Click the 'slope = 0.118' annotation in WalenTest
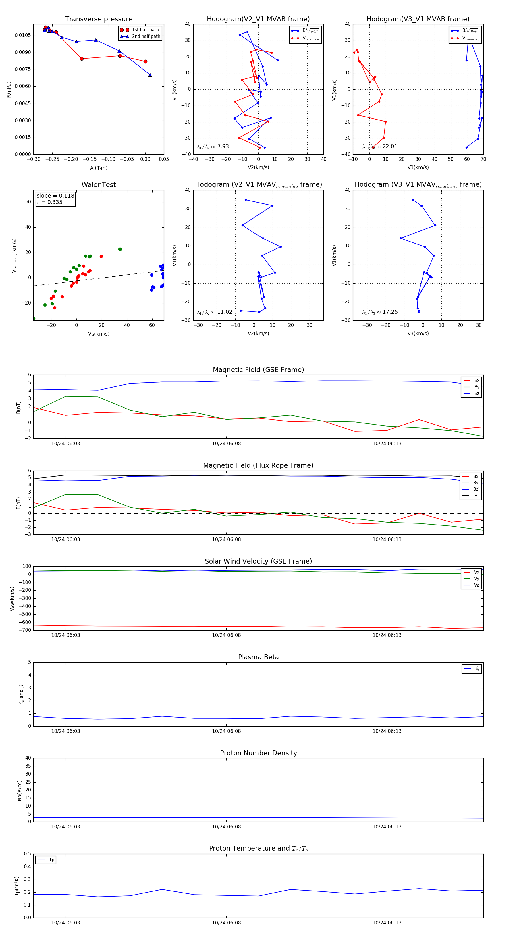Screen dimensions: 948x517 coord(55,196)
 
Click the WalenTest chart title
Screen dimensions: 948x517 coord(99,185)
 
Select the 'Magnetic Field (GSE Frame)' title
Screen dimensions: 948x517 coord(258,370)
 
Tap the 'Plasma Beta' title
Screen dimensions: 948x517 coord(258,657)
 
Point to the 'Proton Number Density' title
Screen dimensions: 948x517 coord(258,753)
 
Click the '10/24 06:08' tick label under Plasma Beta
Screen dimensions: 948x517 coord(226,731)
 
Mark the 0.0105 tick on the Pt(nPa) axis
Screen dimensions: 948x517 coord(22,35)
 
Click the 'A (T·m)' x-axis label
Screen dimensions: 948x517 coord(99,168)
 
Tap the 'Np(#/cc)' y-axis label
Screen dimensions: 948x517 coord(20,791)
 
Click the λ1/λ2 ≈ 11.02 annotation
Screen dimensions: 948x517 coord(215,312)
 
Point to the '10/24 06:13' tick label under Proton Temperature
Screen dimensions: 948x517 coord(387,923)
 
